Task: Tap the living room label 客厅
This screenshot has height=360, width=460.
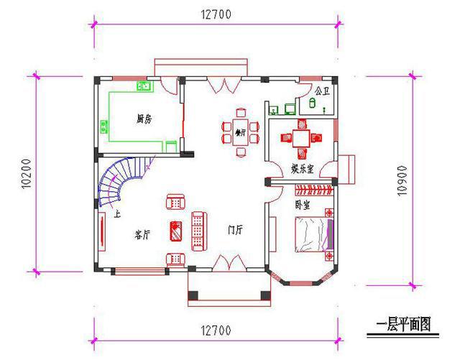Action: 142,234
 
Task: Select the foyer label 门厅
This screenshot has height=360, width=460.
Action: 235,230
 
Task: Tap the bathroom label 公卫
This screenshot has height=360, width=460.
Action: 322,91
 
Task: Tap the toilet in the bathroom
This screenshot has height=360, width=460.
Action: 312,103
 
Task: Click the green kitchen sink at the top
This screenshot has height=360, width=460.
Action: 144,87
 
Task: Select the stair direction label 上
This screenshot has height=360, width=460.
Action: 117,213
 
